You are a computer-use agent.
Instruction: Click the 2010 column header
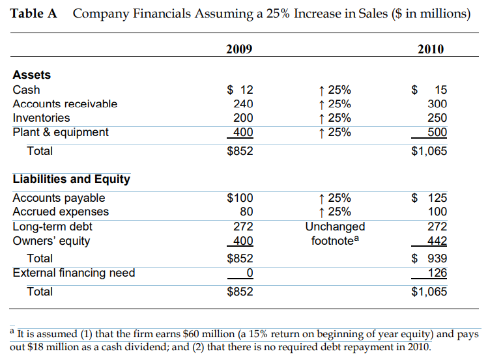pos(431,49)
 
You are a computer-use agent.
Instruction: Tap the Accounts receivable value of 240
pos(243,104)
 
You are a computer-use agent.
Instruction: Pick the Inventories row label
pos(41,118)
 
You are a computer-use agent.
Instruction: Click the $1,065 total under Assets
pos(429,151)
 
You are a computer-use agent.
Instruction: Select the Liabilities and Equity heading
pos(72,179)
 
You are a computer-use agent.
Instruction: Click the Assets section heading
pos(32,75)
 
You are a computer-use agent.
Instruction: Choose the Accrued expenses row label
pos(61,212)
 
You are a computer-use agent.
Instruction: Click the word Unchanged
pos(335,227)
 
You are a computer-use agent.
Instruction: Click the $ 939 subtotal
pos(430,258)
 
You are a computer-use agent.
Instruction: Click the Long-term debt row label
pos(52,227)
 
